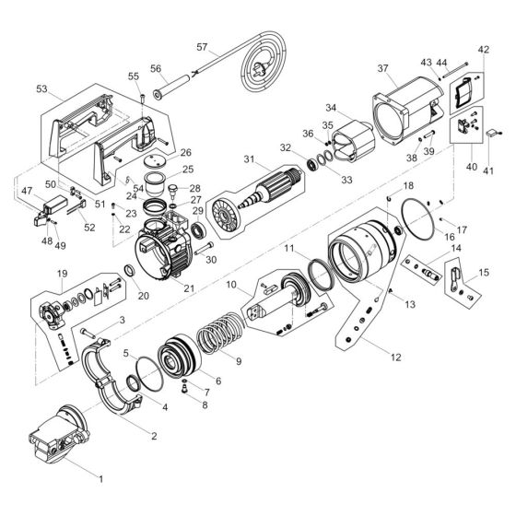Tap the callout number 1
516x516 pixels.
point(100,479)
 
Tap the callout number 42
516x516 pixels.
point(484,50)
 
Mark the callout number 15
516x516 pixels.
point(484,274)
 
